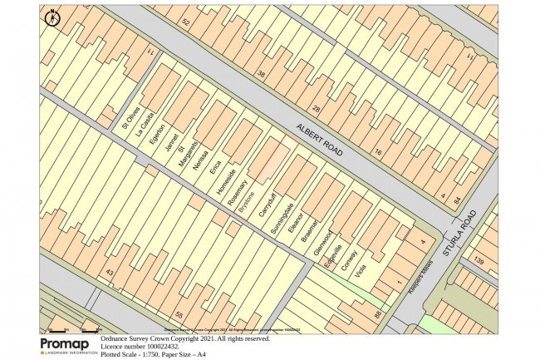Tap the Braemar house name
[312, 229]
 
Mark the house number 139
[479, 262]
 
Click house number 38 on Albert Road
[262, 74]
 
